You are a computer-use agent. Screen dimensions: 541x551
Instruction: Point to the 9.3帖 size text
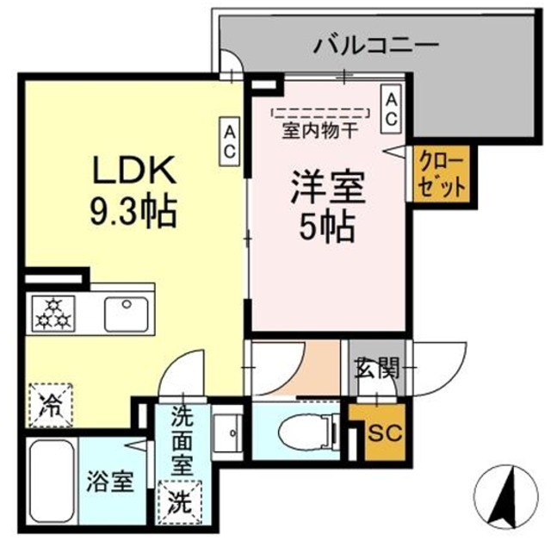[x=133, y=211]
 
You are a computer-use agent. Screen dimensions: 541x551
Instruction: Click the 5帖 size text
[x=327, y=226]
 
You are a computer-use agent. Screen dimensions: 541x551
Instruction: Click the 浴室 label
[x=109, y=481]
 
